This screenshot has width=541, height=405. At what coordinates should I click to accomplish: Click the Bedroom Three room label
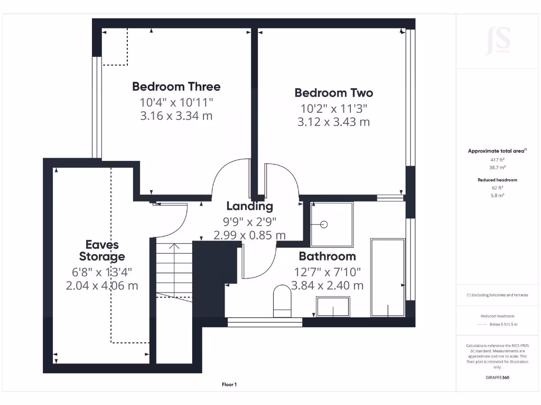(176, 86)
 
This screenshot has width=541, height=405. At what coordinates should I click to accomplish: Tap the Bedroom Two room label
(333, 93)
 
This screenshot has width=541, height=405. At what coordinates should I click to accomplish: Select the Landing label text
(249, 206)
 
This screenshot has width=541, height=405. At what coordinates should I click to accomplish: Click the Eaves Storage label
(102, 250)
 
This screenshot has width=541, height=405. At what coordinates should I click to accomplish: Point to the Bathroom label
(327, 256)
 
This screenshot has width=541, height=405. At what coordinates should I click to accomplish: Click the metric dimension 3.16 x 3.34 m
(176, 115)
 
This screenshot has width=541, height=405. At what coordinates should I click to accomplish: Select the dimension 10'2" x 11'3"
(333, 108)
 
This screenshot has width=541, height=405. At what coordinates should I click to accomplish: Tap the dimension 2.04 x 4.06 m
(102, 286)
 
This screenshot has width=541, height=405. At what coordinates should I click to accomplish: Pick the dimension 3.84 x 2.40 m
(329, 285)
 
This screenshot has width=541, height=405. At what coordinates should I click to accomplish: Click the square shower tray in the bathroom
(331, 225)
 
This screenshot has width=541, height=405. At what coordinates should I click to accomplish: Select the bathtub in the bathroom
(388, 278)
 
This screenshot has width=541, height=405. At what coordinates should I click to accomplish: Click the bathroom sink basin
(333, 307)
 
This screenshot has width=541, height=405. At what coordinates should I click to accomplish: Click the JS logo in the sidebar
(498, 41)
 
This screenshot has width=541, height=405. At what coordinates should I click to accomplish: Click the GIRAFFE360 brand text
(497, 378)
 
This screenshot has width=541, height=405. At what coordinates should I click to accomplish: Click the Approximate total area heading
(497, 151)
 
